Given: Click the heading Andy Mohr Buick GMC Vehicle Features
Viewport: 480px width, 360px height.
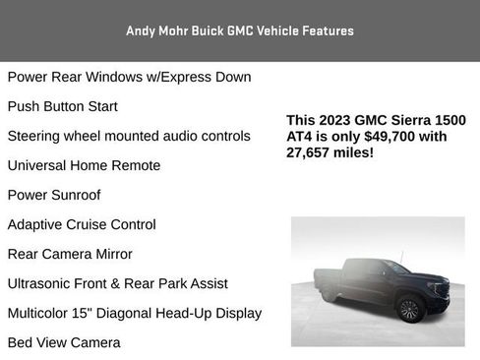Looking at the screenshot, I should point(240,30).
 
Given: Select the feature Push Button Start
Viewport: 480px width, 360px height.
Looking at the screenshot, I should point(76,106).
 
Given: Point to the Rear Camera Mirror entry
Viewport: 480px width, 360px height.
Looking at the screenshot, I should point(70,254).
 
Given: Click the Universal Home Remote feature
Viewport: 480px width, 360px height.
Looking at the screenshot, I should point(84,165).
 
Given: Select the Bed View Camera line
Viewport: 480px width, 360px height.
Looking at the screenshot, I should point(64,342).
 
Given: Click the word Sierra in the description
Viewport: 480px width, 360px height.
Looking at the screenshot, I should point(411,120).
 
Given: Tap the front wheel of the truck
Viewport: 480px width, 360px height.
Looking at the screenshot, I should point(409,310).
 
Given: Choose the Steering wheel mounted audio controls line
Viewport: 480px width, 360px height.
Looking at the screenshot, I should point(129,136).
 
